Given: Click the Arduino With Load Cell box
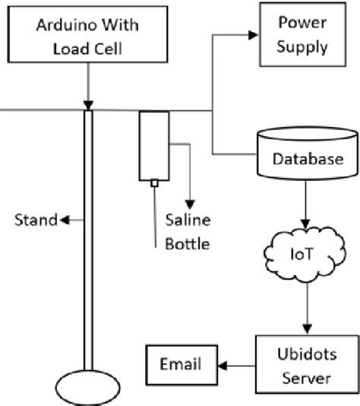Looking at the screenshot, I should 88,37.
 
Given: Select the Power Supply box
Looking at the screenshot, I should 302,33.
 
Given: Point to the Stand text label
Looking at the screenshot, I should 36,220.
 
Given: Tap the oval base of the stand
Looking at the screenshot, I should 88,389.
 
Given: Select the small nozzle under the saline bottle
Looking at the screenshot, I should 154,183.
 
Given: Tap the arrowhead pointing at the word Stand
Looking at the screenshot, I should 65,220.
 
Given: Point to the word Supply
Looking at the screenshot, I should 302,46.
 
